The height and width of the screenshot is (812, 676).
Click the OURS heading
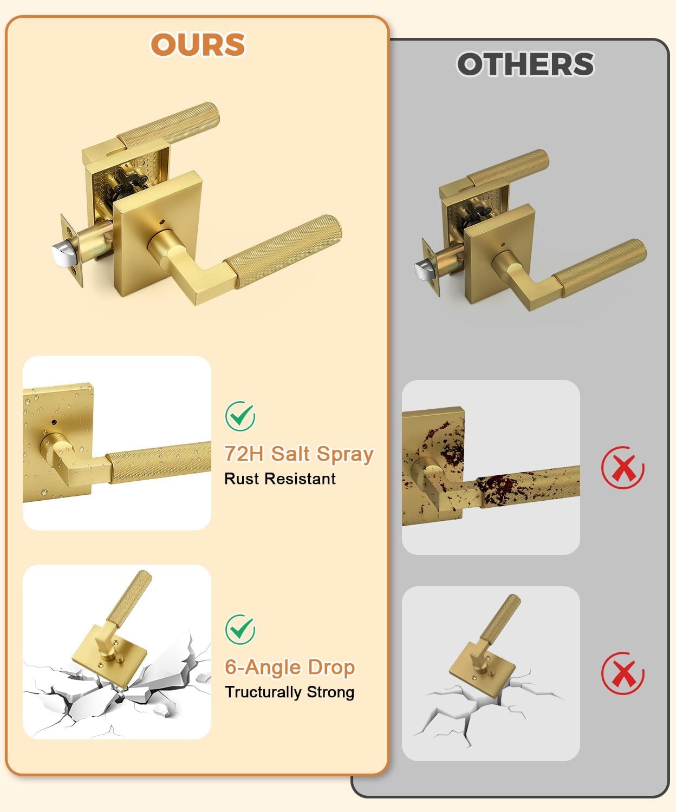(x=198, y=45)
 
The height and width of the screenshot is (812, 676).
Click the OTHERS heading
(x=525, y=64)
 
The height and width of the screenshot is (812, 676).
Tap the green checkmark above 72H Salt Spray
(x=240, y=416)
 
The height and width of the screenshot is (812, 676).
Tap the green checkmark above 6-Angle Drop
(x=240, y=629)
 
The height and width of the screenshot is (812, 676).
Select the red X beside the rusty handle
(x=623, y=468)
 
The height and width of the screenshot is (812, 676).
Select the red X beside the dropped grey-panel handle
(x=623, y=673)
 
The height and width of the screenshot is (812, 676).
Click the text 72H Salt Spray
(x=299, y=454)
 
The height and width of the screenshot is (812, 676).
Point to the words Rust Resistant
(x=280, y=479)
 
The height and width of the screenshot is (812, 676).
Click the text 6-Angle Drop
(x=290, y=667)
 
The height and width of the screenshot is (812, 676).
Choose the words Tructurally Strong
(x=290, y=692)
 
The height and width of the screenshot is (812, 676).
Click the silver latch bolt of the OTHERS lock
(x=422, y=270)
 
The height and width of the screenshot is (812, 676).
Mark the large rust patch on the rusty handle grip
(x=496, y=488)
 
